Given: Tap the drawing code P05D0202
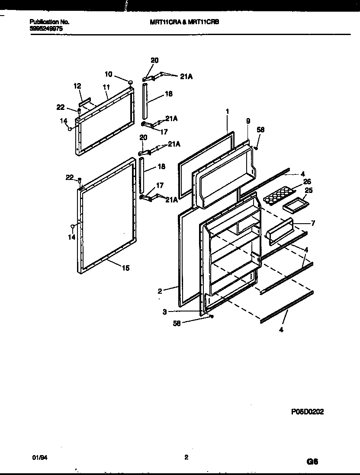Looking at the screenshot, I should (308, 412).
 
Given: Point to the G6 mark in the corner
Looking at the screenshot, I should (312, 462).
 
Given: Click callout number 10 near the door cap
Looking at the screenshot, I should (109, 74).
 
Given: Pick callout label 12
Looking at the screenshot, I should (77, 87).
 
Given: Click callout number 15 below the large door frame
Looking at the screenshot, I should (125, 268).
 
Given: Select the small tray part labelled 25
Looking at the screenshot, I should (295, 204).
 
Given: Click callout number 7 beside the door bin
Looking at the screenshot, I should (312, 223).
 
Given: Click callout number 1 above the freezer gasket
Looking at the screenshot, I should (227, 111).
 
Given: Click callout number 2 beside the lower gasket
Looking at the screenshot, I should (160, 291).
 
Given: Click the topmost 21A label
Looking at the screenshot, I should (186, 77).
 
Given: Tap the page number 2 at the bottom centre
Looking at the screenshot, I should (186, 457).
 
